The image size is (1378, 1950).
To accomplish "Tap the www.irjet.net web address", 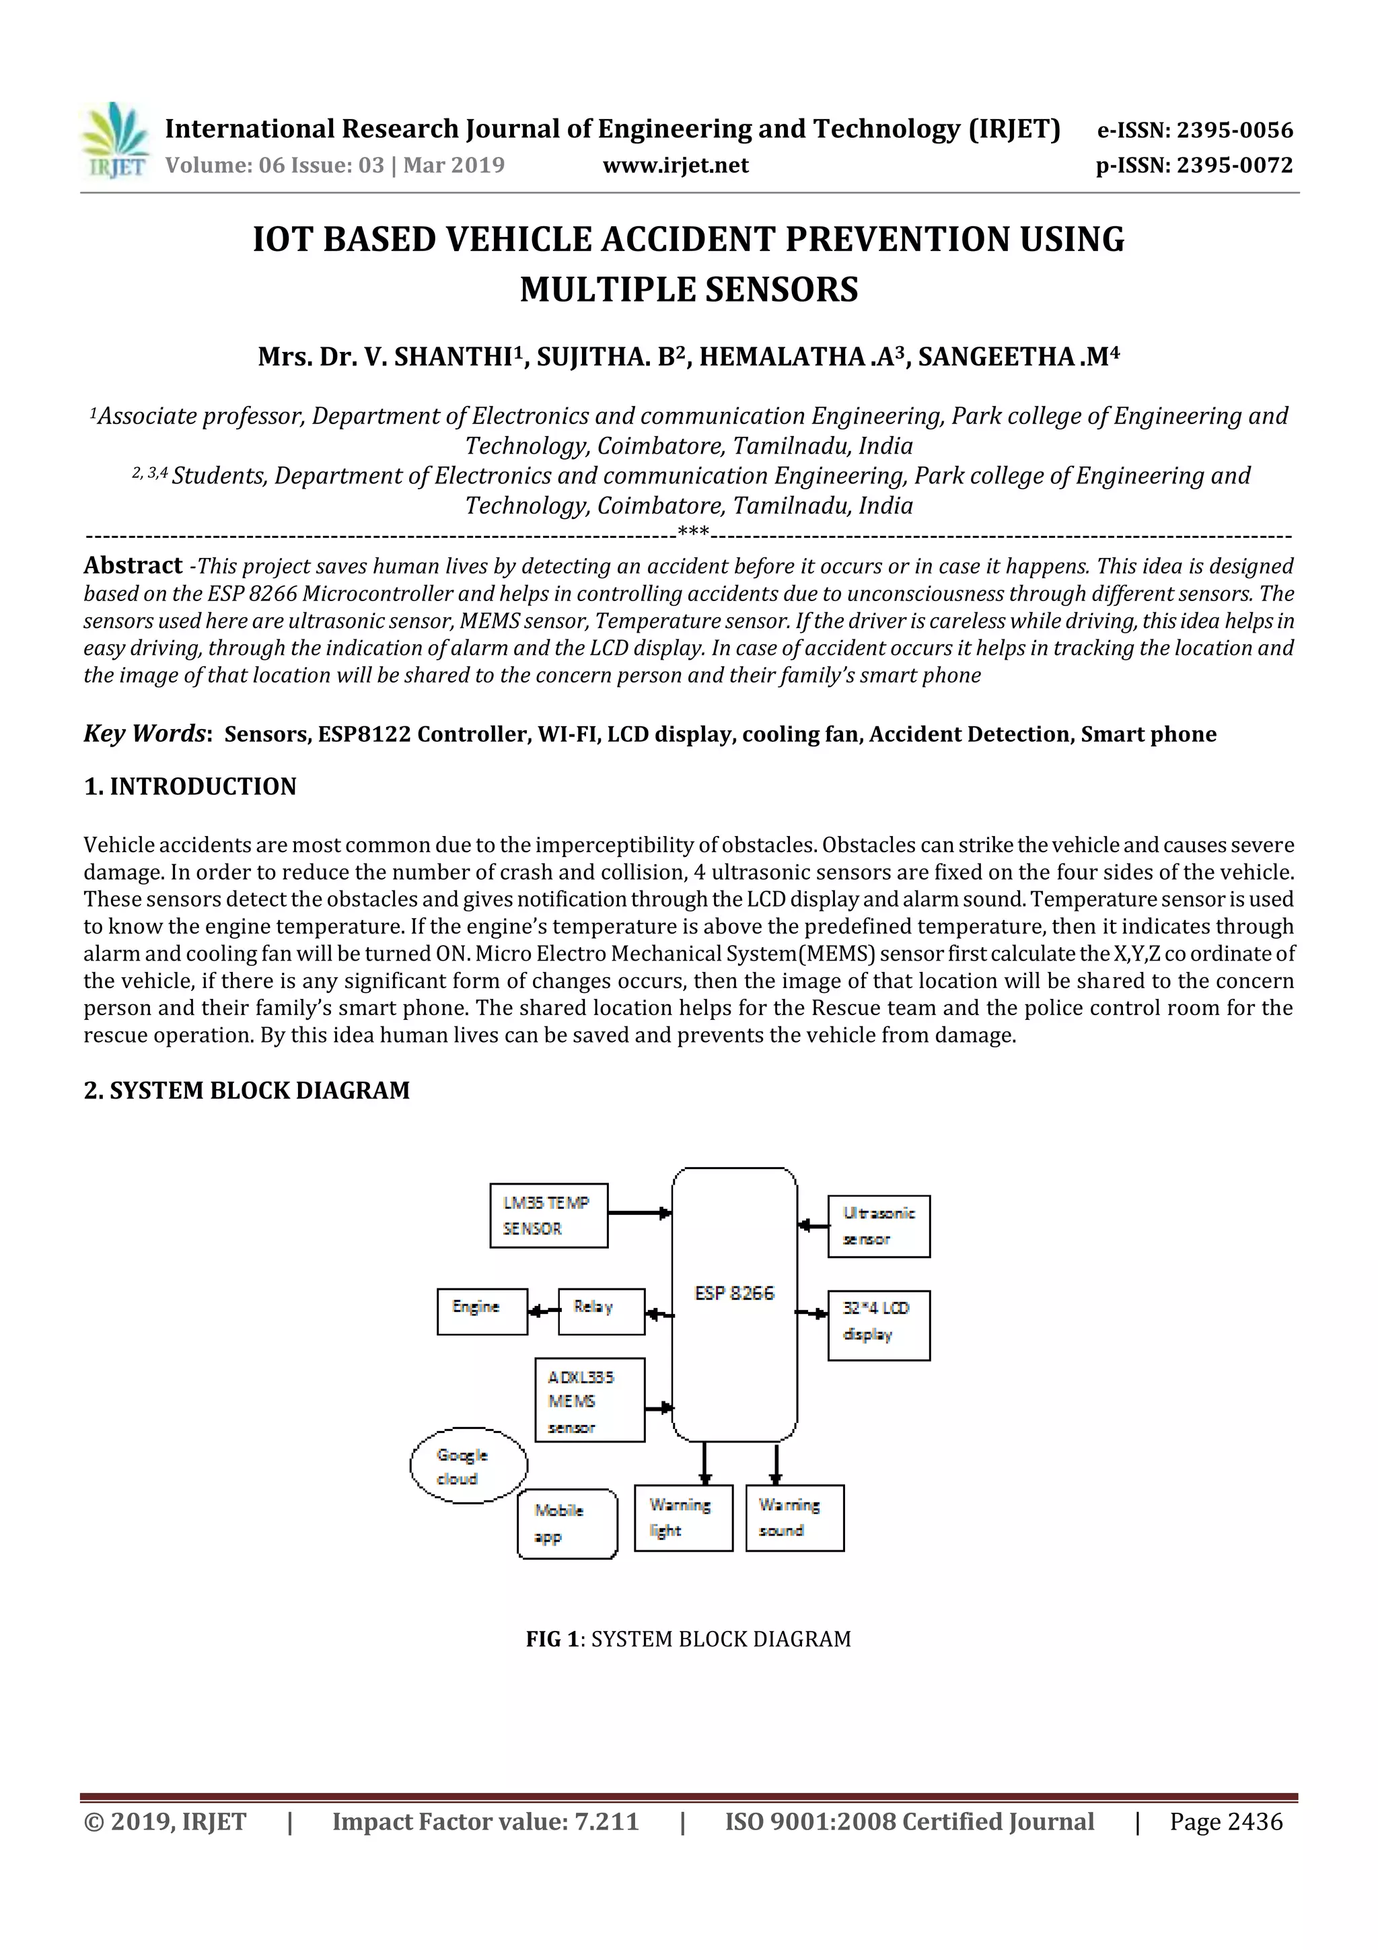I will [x=675, y=166].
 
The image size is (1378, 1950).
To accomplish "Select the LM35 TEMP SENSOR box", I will [x=548, y=1216].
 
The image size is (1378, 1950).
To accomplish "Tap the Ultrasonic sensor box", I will [x=878, y=1226].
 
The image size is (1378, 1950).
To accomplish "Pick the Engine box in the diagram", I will [x=481, y=1311].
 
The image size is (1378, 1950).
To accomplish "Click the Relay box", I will [x=601, y=1311].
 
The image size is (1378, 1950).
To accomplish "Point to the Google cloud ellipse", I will [x=469, y=1466].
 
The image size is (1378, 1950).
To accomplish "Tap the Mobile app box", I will [x=567, y=1524].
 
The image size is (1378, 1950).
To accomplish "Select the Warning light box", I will [x=683, y=1518].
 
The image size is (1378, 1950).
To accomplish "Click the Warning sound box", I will [x=794, y=1518].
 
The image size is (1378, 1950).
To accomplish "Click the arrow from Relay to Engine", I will [x=542, y=1311].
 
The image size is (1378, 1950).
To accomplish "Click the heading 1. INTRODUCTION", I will [x=190, y=786].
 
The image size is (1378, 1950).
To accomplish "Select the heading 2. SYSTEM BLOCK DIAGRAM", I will [x=246, y=1090].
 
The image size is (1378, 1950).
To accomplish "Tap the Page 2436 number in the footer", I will [x=1225, y=1821].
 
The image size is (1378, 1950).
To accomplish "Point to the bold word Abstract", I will [x=133, y=565].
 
